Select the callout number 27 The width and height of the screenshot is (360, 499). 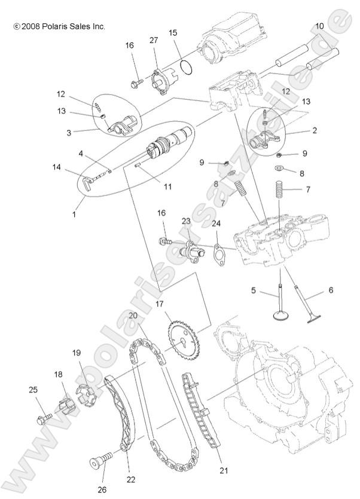(153, 40)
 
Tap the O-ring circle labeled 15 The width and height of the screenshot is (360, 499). (186, 68)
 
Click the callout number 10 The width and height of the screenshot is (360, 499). (320, 26)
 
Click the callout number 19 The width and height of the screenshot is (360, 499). (76, 352)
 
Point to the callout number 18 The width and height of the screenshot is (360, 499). (59, 374)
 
